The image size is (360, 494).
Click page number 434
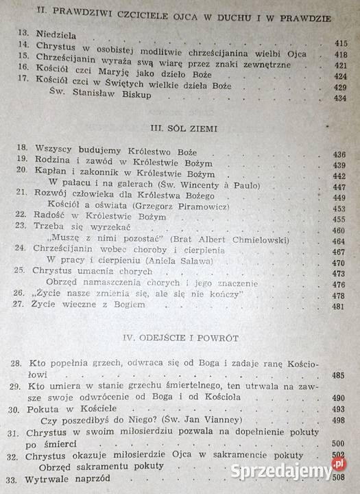pyautogui.click(x=341, y=98)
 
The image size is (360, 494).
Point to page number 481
pyautogui.click(x=339, y=306)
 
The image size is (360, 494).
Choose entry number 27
pyautogui.click(x=21, y=306)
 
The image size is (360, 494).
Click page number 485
pyautogui.click(x=339, y=376)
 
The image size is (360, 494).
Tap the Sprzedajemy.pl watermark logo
pyautogui.click(x=287, y=471)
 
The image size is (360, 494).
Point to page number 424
pyautogui.click(x=341, y=75)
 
